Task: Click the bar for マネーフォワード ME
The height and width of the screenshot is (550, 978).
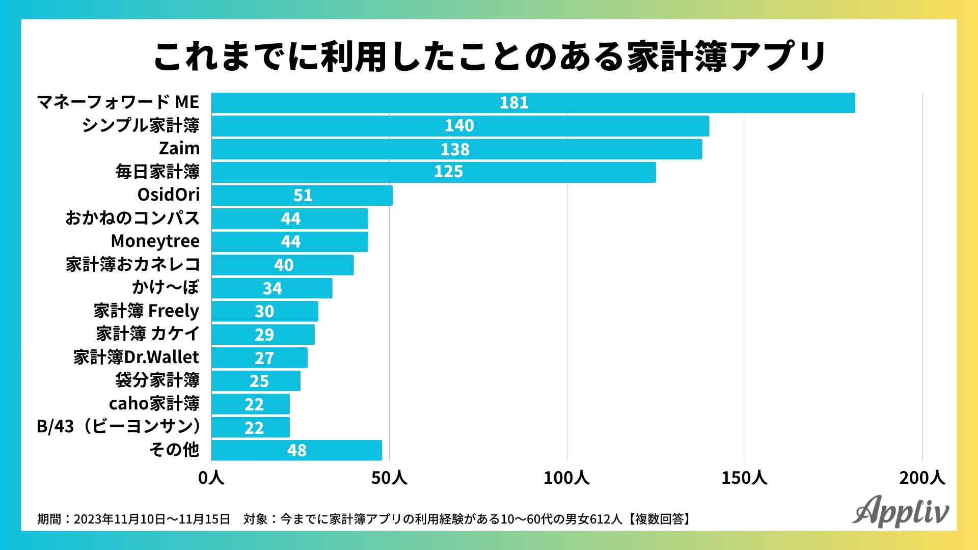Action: point(533,103)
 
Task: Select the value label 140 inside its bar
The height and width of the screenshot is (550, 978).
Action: point(459,126)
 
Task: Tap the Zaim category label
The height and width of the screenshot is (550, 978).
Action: point(179,149)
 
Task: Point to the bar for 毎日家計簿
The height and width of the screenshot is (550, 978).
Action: point(433,172)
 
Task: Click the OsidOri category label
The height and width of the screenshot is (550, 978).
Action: point(169,195)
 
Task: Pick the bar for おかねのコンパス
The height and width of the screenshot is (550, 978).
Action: point(289,218)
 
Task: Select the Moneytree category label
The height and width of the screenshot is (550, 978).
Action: point(155,241)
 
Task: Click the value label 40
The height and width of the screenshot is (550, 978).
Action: point(284,265)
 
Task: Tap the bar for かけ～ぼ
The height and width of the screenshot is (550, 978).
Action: point(272,288)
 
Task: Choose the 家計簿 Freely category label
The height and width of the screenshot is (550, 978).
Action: point(146,311)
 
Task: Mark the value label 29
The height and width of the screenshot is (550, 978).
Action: point(264,335)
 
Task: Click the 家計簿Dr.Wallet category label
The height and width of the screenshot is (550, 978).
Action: point(136,358)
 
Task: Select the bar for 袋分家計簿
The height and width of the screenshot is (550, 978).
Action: point(256,381)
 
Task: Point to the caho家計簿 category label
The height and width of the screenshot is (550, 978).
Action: point(154,404)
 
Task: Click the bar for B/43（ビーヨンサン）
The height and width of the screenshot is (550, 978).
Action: point(251,427)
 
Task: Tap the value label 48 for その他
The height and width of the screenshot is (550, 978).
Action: point(296,450)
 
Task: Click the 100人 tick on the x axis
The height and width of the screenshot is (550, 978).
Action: point(566,478)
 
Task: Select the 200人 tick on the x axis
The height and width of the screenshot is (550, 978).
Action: point(922,478)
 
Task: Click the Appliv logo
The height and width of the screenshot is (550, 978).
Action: point(900,511)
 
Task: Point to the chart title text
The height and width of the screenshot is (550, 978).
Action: point(489,56)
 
